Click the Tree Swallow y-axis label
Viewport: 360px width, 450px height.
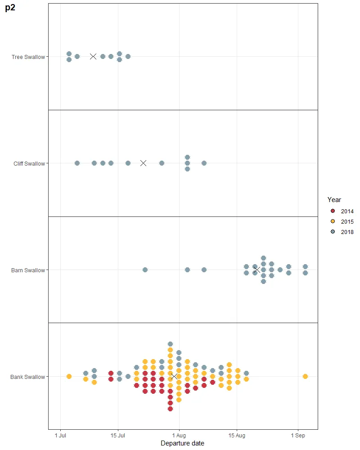click(x=28, y=57)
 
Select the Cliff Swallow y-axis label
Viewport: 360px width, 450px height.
click(x=29, y=163)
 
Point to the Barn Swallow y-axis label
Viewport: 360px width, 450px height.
click(x=28, y=270)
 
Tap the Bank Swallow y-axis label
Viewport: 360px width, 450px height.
click(x=28, y=377)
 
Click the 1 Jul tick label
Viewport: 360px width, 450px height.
click(x=61, y=436)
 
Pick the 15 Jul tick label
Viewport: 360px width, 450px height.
click(x=118, y=436)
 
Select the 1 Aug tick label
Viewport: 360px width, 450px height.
click(x=179, y=436)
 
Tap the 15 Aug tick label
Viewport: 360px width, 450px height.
click(x=237, y=436)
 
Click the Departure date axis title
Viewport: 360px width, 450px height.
click(x=182, y=443)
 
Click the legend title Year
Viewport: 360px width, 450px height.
click(x=334, y=199)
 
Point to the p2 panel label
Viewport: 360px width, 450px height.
click(x=10, y=8)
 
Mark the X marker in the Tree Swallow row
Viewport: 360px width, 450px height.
click(x=93, y=56)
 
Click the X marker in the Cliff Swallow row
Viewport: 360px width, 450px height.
click(x=143, y=163)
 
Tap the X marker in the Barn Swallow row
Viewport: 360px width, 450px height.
click(x=256, y=270)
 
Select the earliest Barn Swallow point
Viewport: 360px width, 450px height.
click(x=145, y=270)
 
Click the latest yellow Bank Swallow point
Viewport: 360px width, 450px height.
click(x=305, y=376)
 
